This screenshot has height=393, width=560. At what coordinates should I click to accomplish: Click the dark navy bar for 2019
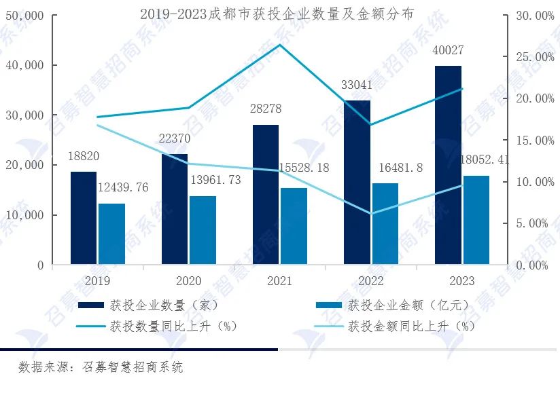[x=84, y=218]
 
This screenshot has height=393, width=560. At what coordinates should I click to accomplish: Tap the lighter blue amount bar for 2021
[x=294, y=226]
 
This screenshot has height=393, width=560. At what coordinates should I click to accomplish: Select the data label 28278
[x=266, y=109]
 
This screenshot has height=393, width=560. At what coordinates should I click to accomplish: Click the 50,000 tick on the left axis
[x=24, y=15]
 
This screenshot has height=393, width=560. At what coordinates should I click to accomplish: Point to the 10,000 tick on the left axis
[x=24, y=215]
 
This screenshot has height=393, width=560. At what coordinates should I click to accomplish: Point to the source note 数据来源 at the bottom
[x=101, y=367]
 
